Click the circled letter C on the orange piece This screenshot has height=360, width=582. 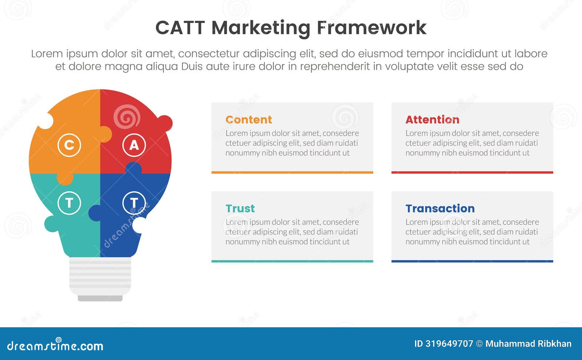pos(69,145)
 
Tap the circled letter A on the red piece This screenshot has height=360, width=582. pos(134,145)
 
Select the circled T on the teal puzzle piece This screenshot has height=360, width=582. pos(69,203)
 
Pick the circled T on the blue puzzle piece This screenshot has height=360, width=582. pos(134,203)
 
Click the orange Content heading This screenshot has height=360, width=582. pos(248,120)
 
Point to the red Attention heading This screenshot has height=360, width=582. pos(432,120)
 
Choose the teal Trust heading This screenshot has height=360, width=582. pos(240,208)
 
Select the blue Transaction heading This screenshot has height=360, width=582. pos(440,208)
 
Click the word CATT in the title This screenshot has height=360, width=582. pos(180,28)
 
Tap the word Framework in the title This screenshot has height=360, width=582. pos(371,28)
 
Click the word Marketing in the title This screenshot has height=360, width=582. pos(261,28)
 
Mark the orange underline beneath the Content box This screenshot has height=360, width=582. pos(292,172)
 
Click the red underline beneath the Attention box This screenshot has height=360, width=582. pos(472,172)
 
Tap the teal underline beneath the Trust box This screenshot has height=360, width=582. pos(292,261)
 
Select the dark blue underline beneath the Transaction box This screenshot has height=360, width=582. pos(472,261)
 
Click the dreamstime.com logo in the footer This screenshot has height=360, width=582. pos(55,345)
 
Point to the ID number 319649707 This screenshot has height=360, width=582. pos(449,344)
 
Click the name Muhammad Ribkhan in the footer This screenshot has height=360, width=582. pos(528,344)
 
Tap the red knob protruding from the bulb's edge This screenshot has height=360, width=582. pos(166,123)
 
